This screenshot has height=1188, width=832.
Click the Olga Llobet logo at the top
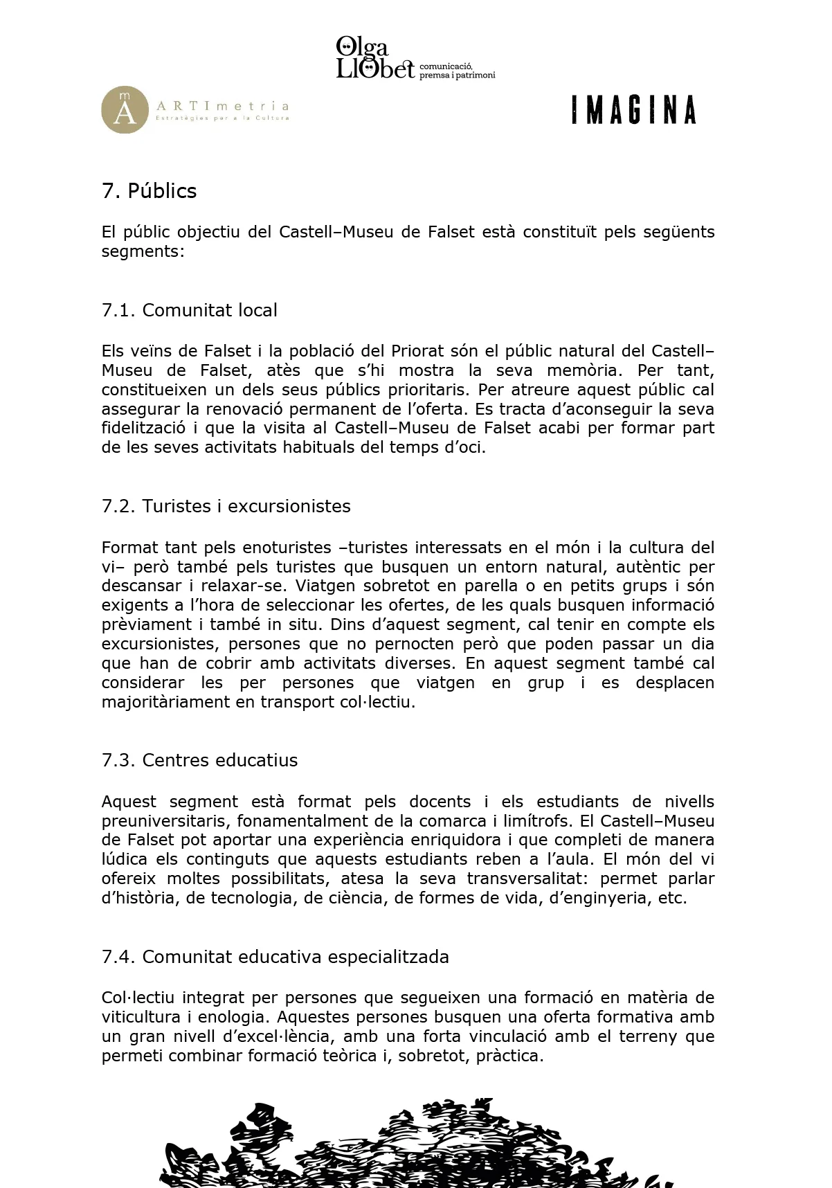[x=374, y=58]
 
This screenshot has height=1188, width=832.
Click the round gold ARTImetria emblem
[x=125, y=109]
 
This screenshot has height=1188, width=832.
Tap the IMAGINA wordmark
[x=633, y=110]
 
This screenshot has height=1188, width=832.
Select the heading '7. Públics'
[x=149, y=191]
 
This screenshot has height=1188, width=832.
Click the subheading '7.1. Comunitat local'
[x=189, y=310]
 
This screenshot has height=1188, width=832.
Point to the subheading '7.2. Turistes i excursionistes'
[x=226, y=506]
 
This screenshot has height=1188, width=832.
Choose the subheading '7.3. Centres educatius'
[x=199, y=760]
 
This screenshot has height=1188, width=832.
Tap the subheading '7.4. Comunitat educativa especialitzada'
[x=275, y=957]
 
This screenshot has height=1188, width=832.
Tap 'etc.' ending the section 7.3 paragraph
[x=672, y=899]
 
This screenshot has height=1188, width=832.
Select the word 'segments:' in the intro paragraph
[x=143, y=251]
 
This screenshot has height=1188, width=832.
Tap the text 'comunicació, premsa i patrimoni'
[x=457, y=70]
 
